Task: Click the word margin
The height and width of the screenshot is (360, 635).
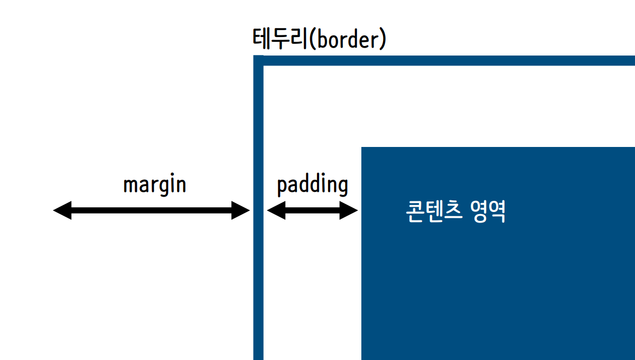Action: [x=154, y=185]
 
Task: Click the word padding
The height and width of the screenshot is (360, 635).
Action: [x=312, y=185]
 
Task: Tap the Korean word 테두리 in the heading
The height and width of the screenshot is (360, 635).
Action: [x=279, y=40]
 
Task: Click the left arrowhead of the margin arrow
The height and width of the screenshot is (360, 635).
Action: [x=61, y=210]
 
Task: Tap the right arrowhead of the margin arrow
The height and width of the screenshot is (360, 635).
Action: [x=241, y=210]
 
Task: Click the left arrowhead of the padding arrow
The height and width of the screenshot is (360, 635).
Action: [x=275, y=210]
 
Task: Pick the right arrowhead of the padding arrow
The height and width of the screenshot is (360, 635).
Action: [x=350, y=210]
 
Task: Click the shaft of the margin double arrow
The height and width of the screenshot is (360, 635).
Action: [x=152, y=210]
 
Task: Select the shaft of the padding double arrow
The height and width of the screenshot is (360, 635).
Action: [x=312, y=210]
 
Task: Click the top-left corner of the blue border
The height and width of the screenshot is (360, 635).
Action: [x=258, y=60]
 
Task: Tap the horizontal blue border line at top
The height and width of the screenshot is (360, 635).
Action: [x=449, y=60]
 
